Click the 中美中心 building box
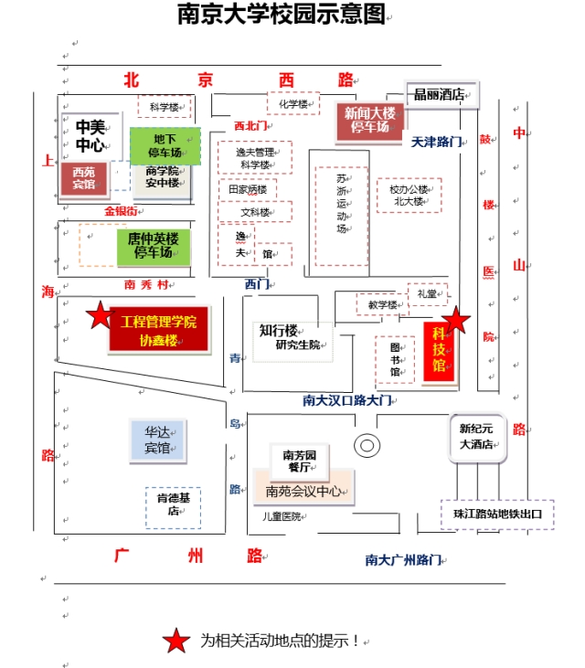point(91,136)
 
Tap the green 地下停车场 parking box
point(165,145)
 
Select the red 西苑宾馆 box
point(84,178)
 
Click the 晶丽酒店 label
point(441,94)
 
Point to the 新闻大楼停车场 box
point(369,121)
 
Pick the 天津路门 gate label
point(436,142)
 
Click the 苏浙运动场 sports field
point(341,216)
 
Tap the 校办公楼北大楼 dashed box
point(409,196)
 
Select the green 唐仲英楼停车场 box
point(154,246)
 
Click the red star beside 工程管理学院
point(101,315)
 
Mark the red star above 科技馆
point(456,320)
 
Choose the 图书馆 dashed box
point(395,359)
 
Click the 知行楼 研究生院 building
point(292,342)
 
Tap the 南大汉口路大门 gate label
point(347,400)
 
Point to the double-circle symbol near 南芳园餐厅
point(367,446)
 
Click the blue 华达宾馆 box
point(158,440)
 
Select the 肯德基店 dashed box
point(173,507)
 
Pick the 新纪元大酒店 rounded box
point(477,438)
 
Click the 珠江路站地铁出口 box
point(497,514)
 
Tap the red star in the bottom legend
point(176,641)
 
